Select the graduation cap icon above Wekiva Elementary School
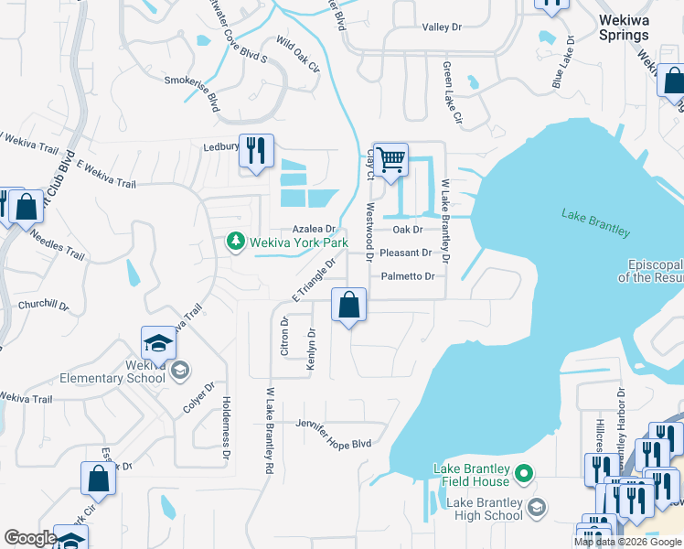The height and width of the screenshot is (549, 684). (159, 344)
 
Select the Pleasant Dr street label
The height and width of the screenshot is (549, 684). (405, 253)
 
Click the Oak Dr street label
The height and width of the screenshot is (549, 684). (408, 230)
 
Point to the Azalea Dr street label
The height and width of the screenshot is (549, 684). (315, 229)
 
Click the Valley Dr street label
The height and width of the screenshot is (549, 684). (442, 28)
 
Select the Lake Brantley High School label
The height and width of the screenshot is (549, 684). (484, 509)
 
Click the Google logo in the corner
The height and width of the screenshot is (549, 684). (30, 538)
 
